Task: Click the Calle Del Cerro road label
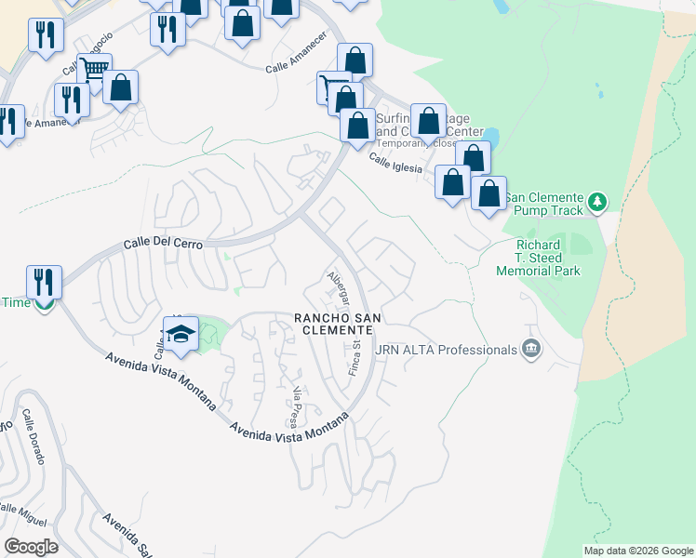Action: click(x=165, y=246)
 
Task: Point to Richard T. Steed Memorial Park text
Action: click(x=538, y=259)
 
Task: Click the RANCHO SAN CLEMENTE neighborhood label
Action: click(x=338, y=325)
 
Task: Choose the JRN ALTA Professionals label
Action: click(x=446, y=350)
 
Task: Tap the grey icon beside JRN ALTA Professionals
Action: click(x=530, y=350)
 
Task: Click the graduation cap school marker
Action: click(x=182, y=334)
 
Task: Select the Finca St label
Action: click(x=355, y=357)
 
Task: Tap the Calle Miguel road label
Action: click(x=21, y=511)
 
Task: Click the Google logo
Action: click(x=31, y=547)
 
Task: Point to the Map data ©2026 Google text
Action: click(x=638, y=551)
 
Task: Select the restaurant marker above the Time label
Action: click(x=44, y=280)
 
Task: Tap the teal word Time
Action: click(x=16, y=302)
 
